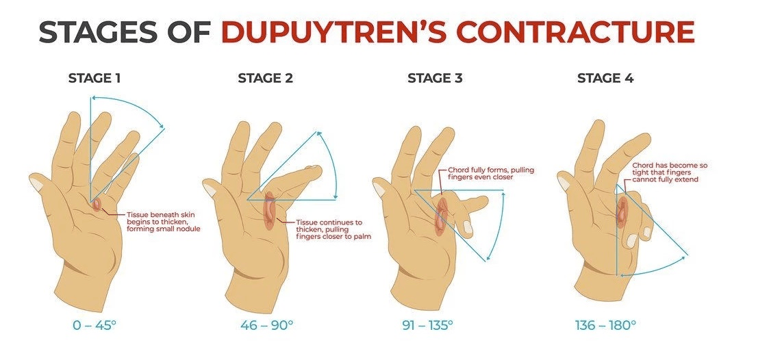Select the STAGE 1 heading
point(94,78)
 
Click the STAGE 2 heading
point(265,78)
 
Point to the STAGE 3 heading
point(435,78)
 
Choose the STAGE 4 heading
point(605,78)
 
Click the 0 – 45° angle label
point(94,325)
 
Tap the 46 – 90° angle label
point(266,325)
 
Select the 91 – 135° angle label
point(427,325)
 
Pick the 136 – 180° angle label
point(605,325)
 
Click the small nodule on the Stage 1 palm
point(96,203)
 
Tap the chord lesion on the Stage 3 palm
point(442,216)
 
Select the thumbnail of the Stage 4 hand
point(564,183)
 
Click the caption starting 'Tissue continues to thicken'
point(329,229)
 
